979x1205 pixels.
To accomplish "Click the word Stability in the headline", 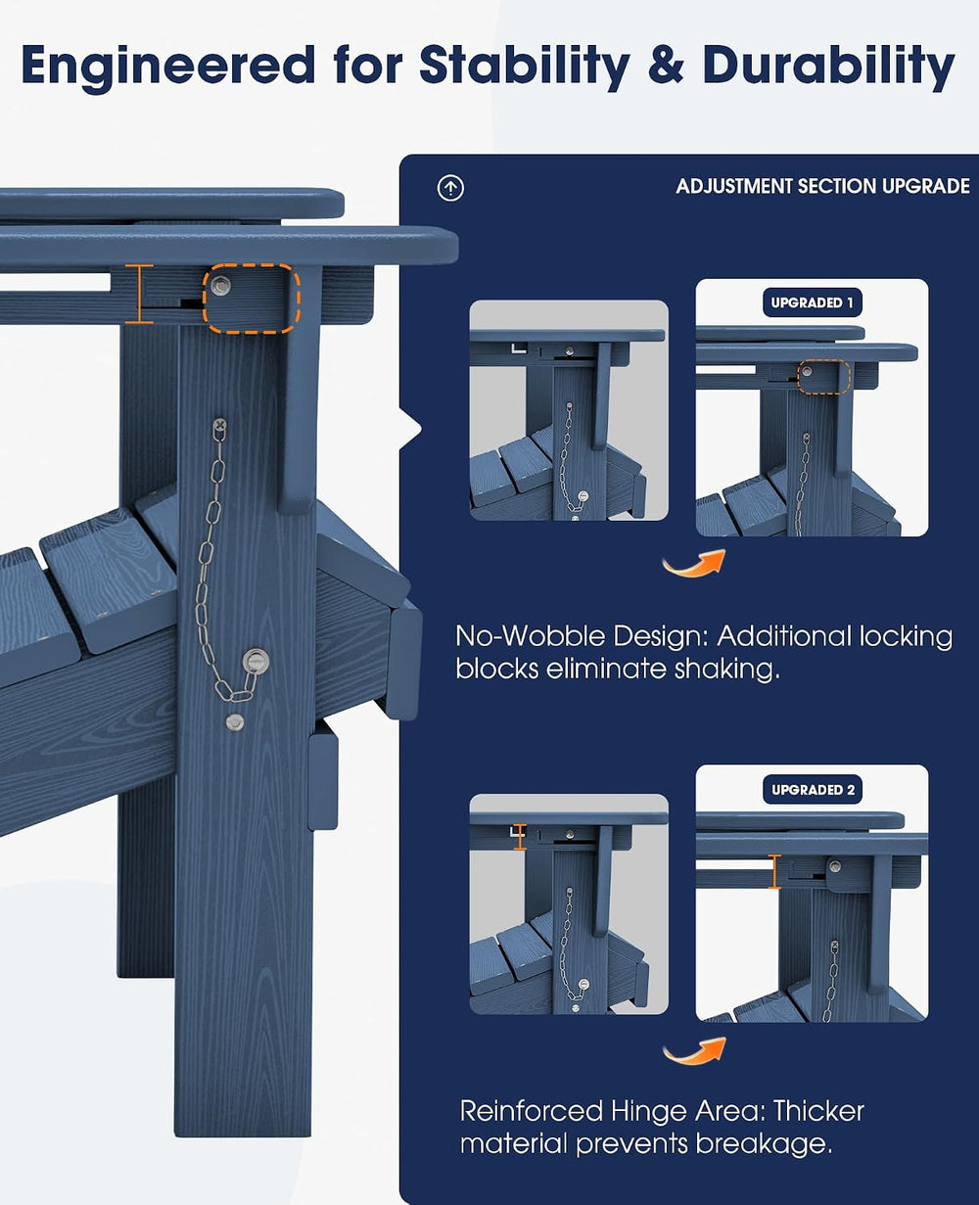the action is click(524, 67).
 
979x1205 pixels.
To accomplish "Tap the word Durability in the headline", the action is click(828, 67).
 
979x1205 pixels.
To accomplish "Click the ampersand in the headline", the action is click(666, 65).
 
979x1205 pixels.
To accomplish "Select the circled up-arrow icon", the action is click(450, 188).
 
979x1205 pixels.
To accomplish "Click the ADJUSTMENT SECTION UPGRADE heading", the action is click(822, 186).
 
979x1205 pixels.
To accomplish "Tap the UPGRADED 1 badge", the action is click(812, 302).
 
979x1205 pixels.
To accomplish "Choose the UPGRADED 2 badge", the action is click(813, 789).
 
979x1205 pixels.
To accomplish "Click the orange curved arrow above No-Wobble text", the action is click(695, 564).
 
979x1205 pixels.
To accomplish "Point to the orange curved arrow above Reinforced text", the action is click(695, 1052).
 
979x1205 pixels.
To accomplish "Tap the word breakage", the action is click(764, 1144).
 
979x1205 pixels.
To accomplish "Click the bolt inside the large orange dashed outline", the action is click(220, 286).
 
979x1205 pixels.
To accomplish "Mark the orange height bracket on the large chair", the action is click(139, 294).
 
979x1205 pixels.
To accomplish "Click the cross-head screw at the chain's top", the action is click(219, 424).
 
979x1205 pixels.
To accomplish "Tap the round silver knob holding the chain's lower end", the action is click(256, 660).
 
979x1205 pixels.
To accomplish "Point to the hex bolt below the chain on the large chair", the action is click(235, 721).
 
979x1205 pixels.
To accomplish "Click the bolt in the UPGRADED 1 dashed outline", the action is click(807, 372).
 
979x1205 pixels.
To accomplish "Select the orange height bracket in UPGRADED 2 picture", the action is click(774, 871).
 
